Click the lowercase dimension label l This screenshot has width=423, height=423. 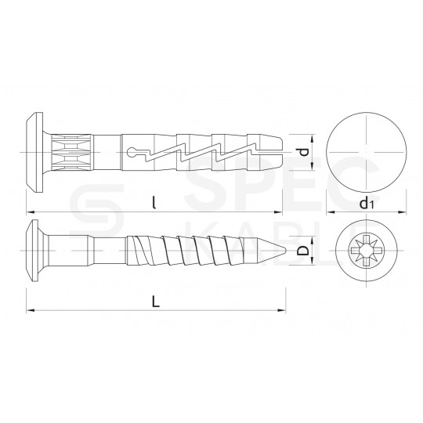pyautogui.click(x=155, y=202)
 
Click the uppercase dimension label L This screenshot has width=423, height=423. pyautogui.click(x=156, y=302)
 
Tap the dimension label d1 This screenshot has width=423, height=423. pyautogui.click(x=365, y=204)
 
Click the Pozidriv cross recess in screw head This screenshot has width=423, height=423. pyautogui.click(x=365, y=251)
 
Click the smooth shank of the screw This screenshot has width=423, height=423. pyautogui.click(x=94, y=251)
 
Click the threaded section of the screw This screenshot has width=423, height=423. pyautogui.click(x=196, y=251)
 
